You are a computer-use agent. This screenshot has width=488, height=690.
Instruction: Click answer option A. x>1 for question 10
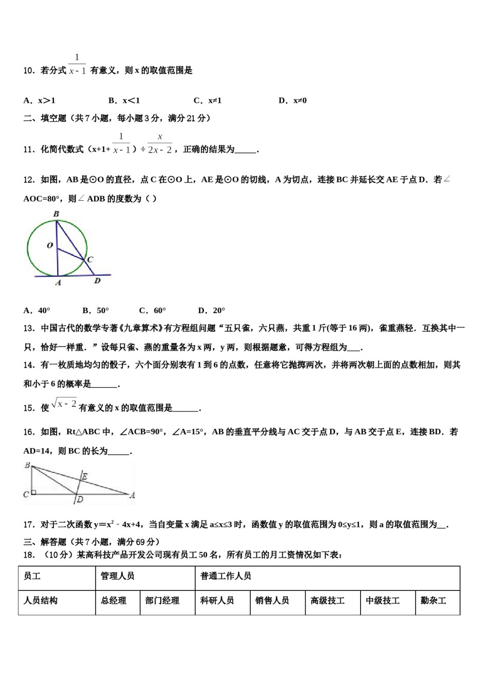[39, 101]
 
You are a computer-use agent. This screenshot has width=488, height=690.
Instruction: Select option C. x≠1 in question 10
[208, 101]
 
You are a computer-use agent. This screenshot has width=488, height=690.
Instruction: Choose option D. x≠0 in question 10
[292, 101]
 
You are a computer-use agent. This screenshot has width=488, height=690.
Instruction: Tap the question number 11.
[29, 149]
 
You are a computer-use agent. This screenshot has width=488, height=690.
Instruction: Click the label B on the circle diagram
[56, 214]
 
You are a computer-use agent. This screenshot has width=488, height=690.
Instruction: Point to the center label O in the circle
[50, 245]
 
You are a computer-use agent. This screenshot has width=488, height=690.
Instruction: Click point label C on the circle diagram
[90, 259]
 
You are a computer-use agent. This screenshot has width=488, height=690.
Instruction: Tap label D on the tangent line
[97, 281]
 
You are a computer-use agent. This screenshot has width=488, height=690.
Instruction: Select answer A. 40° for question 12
[37, 310]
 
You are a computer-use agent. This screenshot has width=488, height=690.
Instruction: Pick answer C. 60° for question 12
[153, 310]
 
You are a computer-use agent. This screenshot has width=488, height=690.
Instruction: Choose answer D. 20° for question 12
[212, 310]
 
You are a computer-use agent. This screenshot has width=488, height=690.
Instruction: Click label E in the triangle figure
[85, 476]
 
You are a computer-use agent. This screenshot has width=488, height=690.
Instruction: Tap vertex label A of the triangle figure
[132, 495]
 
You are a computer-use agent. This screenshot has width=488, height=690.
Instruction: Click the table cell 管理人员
[118, 576]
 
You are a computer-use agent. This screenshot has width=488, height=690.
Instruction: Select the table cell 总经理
[114, 600]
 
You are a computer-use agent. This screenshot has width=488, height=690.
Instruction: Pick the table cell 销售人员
[272, 600]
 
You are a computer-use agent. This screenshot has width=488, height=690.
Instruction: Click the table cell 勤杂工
[434, 600]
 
